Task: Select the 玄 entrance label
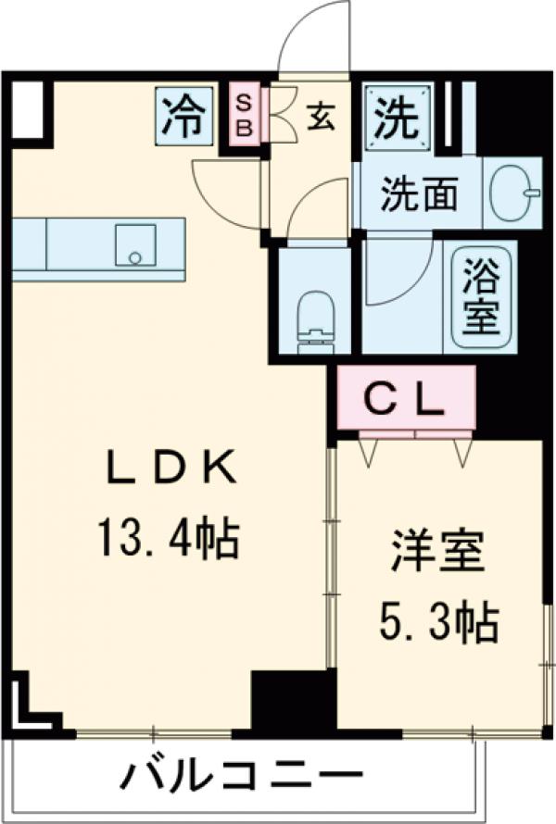(x=320, y=118)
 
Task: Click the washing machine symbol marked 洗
(x=397, y=117)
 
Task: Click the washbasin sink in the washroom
(x=514, y=193)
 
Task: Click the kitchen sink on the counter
(x=135, y=244)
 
